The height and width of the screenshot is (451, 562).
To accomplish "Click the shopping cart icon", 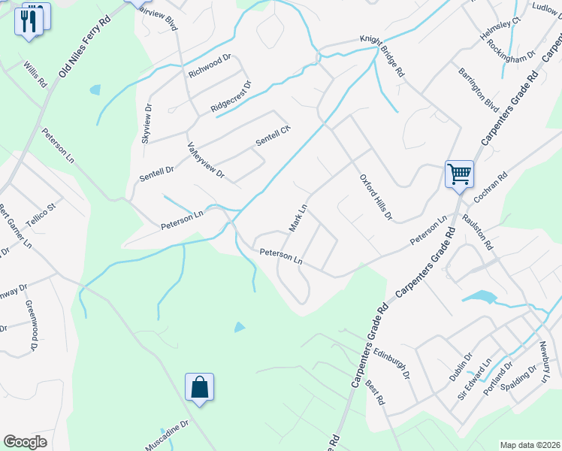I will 459,174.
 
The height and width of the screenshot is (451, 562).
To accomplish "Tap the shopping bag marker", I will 200,388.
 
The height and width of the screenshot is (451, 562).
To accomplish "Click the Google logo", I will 26,442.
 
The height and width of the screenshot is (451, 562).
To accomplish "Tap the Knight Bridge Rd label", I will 382,57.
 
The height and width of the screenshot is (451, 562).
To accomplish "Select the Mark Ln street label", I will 298,218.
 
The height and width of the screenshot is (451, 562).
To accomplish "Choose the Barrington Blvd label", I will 479,89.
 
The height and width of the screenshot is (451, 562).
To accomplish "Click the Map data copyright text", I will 529,444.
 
